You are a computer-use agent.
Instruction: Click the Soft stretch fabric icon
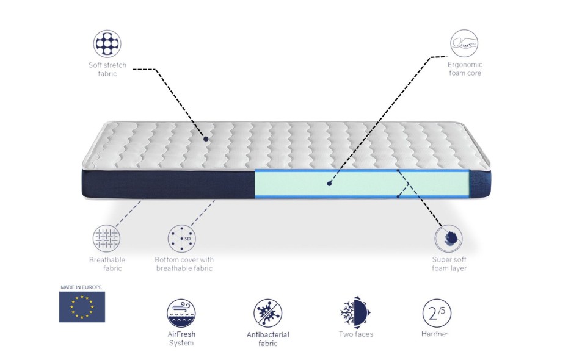click(107, 44)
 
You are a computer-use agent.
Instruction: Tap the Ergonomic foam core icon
click(464, 44)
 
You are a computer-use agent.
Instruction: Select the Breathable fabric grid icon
click(106, 238)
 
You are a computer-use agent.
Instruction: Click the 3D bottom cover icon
click(182, 238)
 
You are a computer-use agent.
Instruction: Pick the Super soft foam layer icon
click(448, 238)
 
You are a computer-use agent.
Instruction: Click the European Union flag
click(82, 307)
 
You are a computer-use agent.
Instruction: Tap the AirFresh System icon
click(181, 313)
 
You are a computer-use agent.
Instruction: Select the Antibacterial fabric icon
click(267, 313)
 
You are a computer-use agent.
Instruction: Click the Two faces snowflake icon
click(355, 313)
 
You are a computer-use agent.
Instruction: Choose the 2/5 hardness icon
click(437, 313)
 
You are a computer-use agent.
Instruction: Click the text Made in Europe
click(81, 287)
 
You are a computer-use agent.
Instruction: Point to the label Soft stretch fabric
click(107, 69)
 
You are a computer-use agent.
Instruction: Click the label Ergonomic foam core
click(465, 69)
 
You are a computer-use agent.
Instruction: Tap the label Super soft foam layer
click(449, 264)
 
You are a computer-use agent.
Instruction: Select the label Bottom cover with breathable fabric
click(184, 264)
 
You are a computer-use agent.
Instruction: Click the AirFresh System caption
click(181, 339)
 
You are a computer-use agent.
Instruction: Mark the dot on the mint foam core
click(329, 182)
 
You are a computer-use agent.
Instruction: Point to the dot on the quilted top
click(206, 139)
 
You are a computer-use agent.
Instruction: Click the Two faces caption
click(356, 334)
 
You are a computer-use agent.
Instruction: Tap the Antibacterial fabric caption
click(267, 339)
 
